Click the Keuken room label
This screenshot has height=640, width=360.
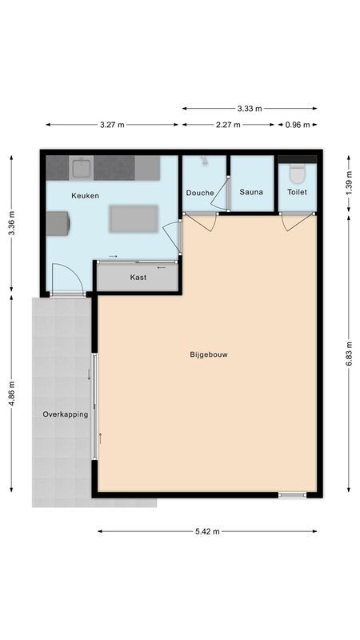point(85,196)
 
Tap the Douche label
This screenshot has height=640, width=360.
point(200,193)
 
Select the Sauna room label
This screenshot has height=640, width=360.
point(251,193)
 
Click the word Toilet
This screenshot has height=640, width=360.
point(297,193)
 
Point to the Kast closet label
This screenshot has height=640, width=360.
point(138,278)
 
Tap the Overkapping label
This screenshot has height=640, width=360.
point(65,414)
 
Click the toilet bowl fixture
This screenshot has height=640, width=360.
point(297,173)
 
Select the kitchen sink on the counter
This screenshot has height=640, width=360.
point(81,168)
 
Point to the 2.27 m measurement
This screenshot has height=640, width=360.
point(230,125)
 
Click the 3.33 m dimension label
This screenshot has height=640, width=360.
point(250,108)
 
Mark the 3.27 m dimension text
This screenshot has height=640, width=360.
point(112,125)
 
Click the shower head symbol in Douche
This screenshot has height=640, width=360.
point(205,162)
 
